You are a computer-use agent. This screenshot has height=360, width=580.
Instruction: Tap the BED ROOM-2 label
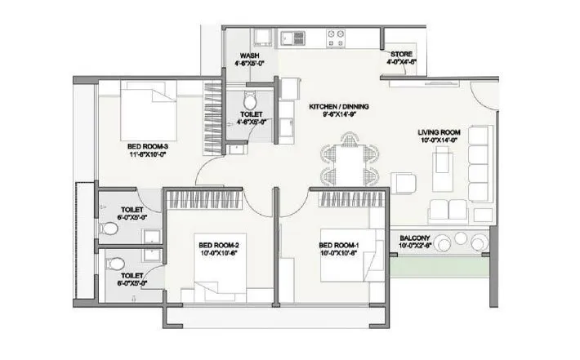pos(216,243)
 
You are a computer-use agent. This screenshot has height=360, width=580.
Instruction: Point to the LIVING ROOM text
pos(439,132)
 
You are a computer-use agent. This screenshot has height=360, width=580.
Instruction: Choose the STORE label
pos(403,54)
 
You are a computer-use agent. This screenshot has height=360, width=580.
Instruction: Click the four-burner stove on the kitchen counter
pos(336,35)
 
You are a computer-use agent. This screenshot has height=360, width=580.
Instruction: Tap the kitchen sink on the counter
pos(292,35)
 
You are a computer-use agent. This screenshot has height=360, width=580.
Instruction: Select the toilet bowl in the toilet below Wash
pos(249,100)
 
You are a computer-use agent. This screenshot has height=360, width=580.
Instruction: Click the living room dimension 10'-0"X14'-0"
pos(439,140)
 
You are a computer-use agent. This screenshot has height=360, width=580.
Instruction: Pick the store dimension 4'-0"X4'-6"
pos(403,62)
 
